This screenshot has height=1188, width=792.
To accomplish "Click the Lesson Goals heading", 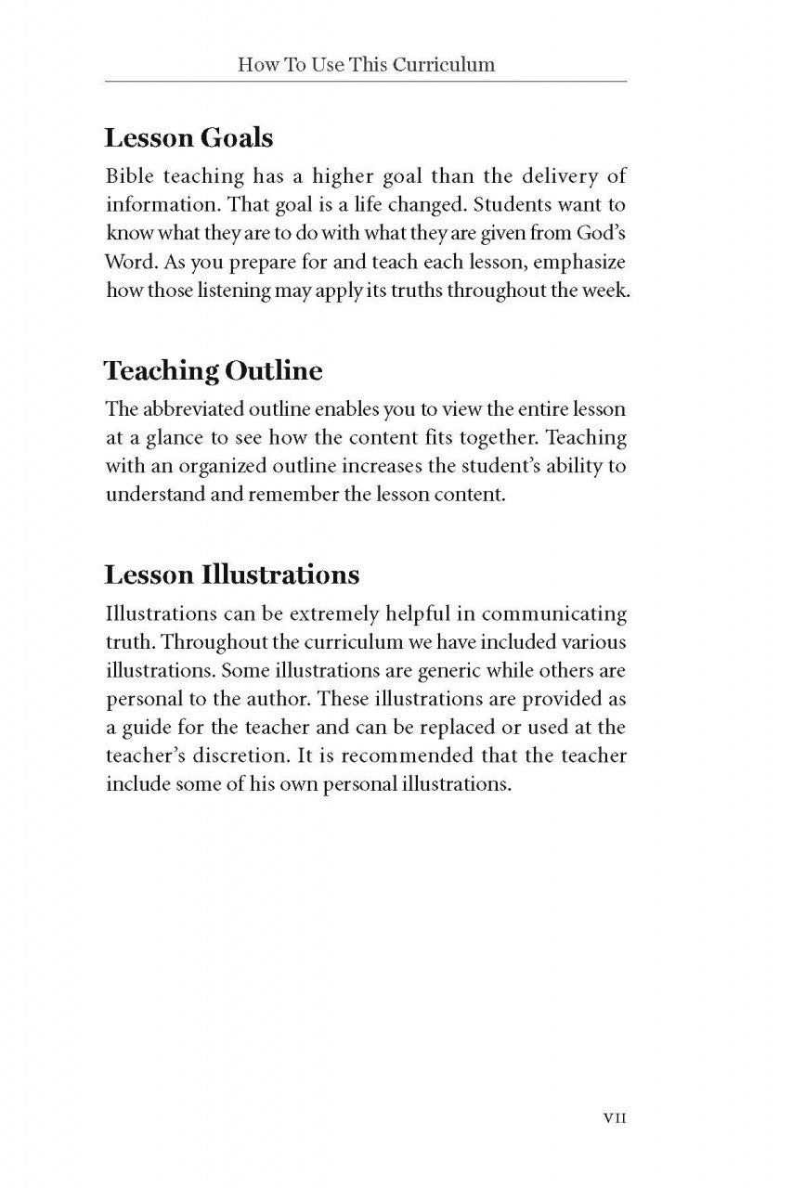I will pyautogui.click(x=188, y=139).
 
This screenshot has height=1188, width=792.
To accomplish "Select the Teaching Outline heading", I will pyautogui.click(x=214, y=371).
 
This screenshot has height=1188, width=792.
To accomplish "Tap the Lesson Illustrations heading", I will pyautogui.click(x=231, y=575).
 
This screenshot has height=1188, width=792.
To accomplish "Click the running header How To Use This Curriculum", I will pyautogui.click(x=366, y=65).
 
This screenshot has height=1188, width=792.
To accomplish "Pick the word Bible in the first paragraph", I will pyautogui.click(x=130, y=175).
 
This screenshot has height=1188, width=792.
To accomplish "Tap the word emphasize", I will pyautogui.click(x=578, y=262).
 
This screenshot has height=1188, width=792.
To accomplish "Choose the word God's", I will pyautogui.click(x=603, y=233).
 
